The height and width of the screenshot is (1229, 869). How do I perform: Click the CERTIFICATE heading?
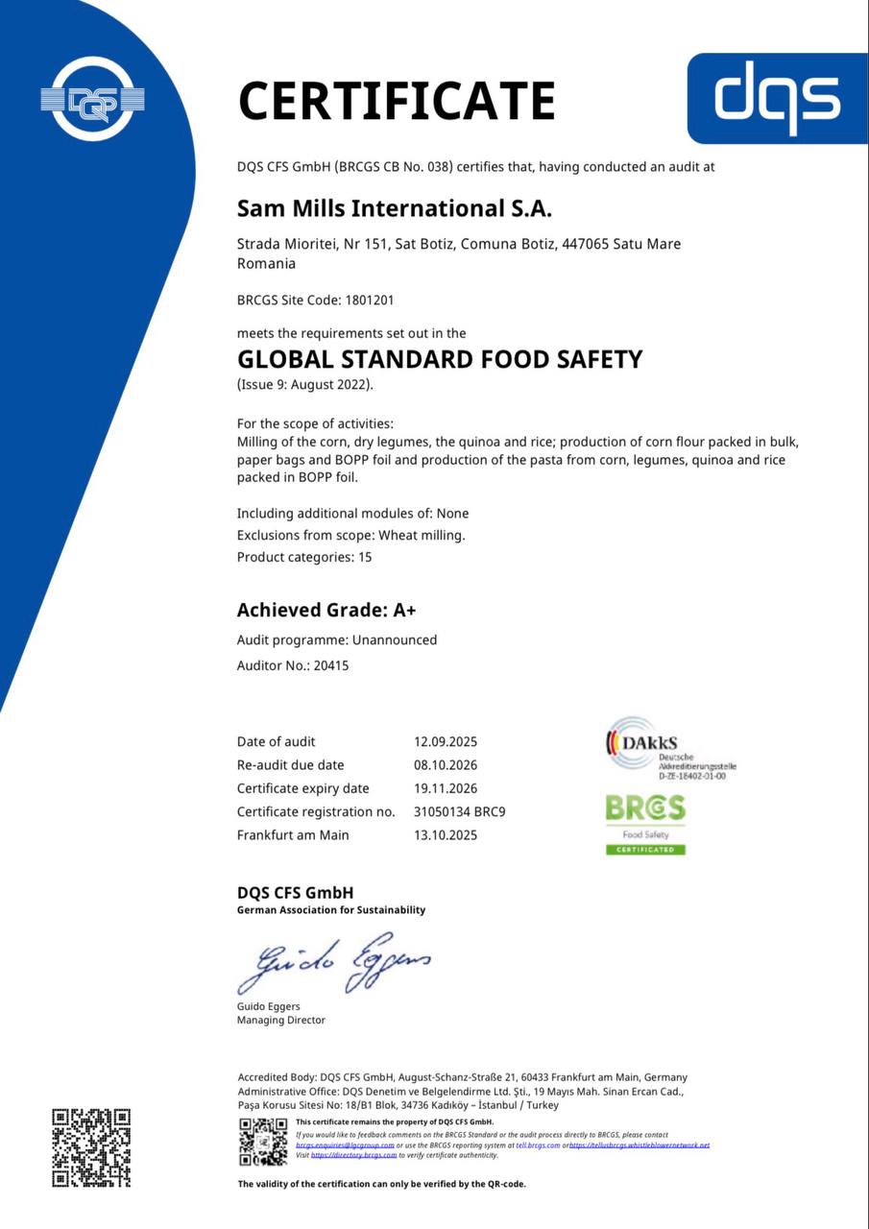(397, 101)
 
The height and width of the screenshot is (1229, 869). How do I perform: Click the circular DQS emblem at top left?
(92, 98)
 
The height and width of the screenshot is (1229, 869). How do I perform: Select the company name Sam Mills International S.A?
(395, 208)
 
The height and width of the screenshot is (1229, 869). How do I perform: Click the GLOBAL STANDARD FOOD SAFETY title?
(440, 360)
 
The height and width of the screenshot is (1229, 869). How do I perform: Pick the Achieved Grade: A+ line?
(326, 610)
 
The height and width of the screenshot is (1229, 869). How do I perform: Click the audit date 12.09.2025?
(445, 741)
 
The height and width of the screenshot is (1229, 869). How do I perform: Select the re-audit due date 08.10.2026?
(445, 765)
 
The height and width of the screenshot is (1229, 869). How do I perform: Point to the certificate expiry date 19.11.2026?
(445, 788)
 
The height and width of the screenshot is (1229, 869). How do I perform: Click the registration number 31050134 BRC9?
(459, 812)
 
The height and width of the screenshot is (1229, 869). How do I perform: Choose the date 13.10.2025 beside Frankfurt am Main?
(445, 835)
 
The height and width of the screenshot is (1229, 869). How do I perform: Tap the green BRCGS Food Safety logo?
(645, 824)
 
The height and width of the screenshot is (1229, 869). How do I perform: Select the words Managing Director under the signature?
(281, 1020)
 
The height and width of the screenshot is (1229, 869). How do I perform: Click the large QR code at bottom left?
(91, 1148)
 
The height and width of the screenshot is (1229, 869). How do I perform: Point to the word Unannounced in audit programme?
(395, 639)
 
